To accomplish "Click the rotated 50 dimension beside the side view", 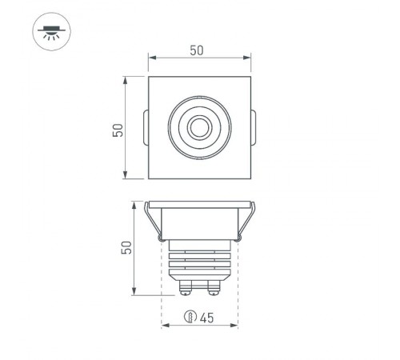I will click(x=126, y=247).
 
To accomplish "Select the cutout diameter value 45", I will click(x=206, y=318).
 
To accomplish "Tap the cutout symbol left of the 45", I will click(x=190, y=318).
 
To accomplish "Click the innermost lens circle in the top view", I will click(x=198, y=126).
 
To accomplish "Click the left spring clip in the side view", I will click(x=152, y=221).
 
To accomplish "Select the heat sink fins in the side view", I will click(x=200, y=260).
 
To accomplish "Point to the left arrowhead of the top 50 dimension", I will click(x=151, y=58).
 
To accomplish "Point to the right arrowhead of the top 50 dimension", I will click(x=248, y=58).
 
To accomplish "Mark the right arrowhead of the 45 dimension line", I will click(x=235, y=326).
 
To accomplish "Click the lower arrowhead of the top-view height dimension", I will click(x=126, y=176).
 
